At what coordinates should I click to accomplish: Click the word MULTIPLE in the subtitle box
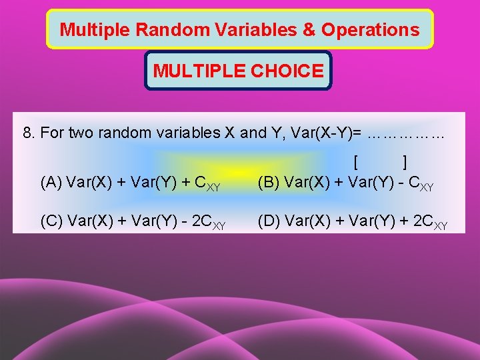click(197, 71)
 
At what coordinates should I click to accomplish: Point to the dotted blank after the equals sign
click(405, 133)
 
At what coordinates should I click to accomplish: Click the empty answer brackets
click(381, 162)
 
